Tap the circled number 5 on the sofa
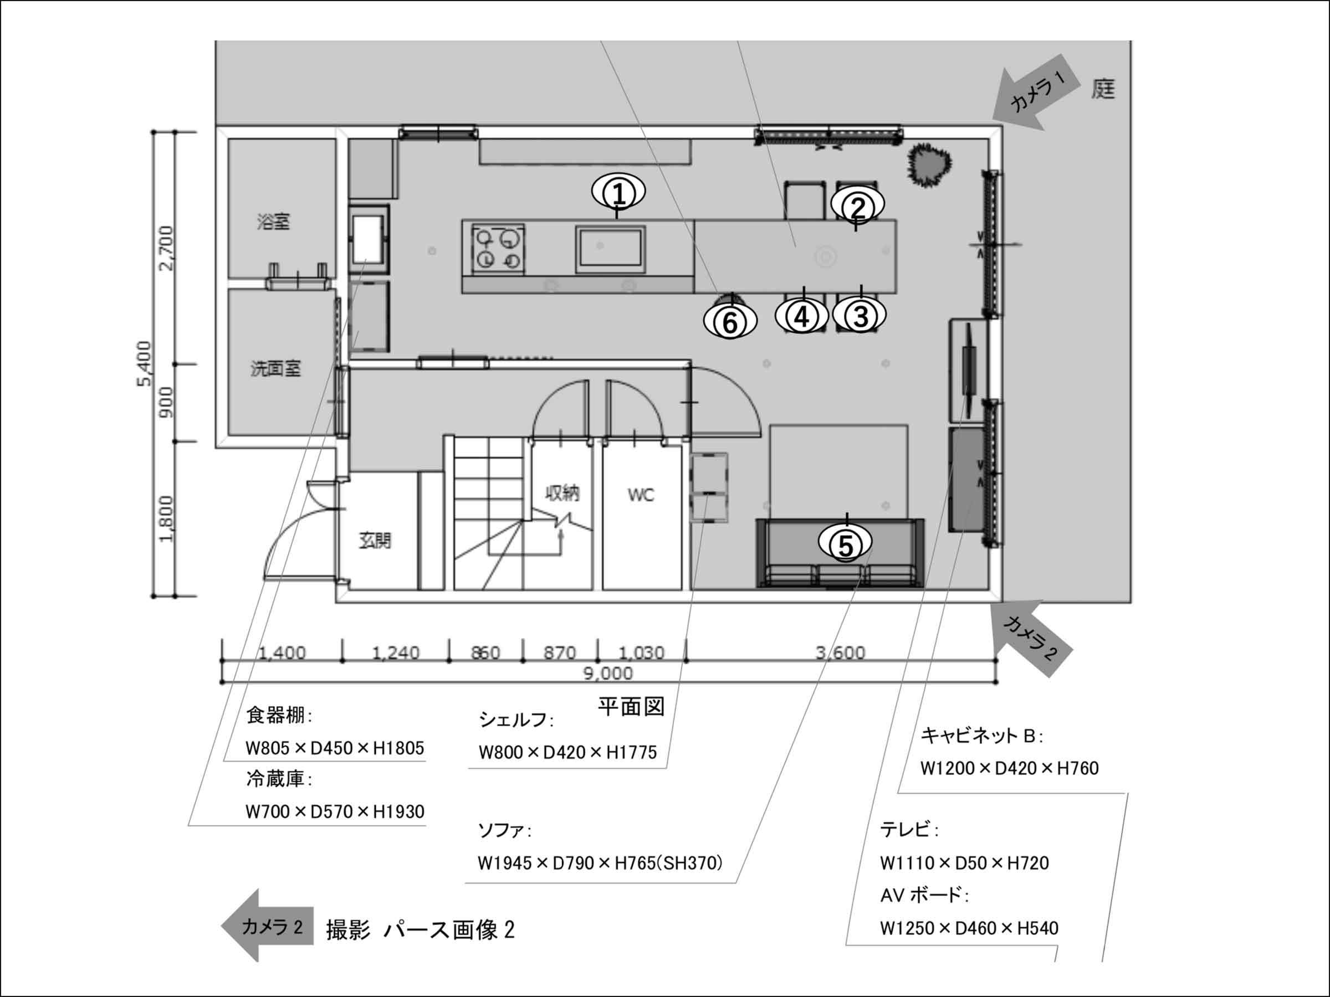(845, 544)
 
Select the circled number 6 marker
(730, 322)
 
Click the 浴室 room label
(274, 222)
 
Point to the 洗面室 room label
(275, 368)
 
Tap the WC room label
(641, 495)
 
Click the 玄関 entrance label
(375, 541)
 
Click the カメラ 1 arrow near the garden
(1033, 92)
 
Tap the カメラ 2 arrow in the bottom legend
(268, 926)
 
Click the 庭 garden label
(1103, 90)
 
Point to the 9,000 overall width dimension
(608, 673)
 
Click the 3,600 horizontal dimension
(841, 652)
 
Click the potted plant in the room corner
(929, 165)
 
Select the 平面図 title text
(631, 707)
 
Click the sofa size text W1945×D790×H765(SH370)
(600, 864)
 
